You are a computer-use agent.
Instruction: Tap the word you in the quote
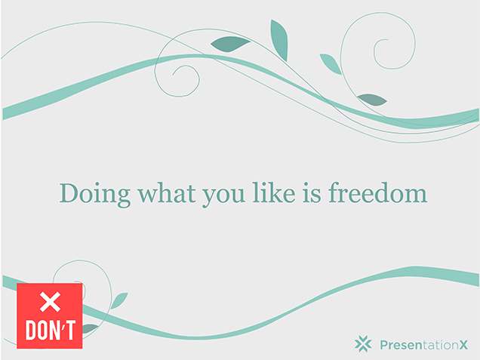tap(223, 196)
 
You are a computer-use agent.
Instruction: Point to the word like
tap(274, 193)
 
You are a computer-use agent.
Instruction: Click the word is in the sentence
tap(312, 193)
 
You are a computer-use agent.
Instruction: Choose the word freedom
tap(378, 193)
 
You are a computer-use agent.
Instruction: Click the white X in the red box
tap(50, 302)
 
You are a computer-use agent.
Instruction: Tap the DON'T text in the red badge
tap(51, 331)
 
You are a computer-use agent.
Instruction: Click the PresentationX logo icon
tap(363, 344)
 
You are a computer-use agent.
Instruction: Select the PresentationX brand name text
tap(424, 345)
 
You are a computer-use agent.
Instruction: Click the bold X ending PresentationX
tap(463, 346)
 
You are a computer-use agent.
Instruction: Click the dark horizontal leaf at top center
tap(230, 45)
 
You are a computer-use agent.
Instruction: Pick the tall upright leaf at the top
tap(279, 40)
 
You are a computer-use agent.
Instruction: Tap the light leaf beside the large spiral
tap(331, 64)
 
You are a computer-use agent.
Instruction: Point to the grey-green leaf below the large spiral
tap(372, 100)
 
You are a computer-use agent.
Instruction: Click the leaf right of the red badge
tap(119, 300)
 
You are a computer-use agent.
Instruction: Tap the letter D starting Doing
tap(69, 193)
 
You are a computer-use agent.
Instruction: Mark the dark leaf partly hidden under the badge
tap(90, 328)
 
